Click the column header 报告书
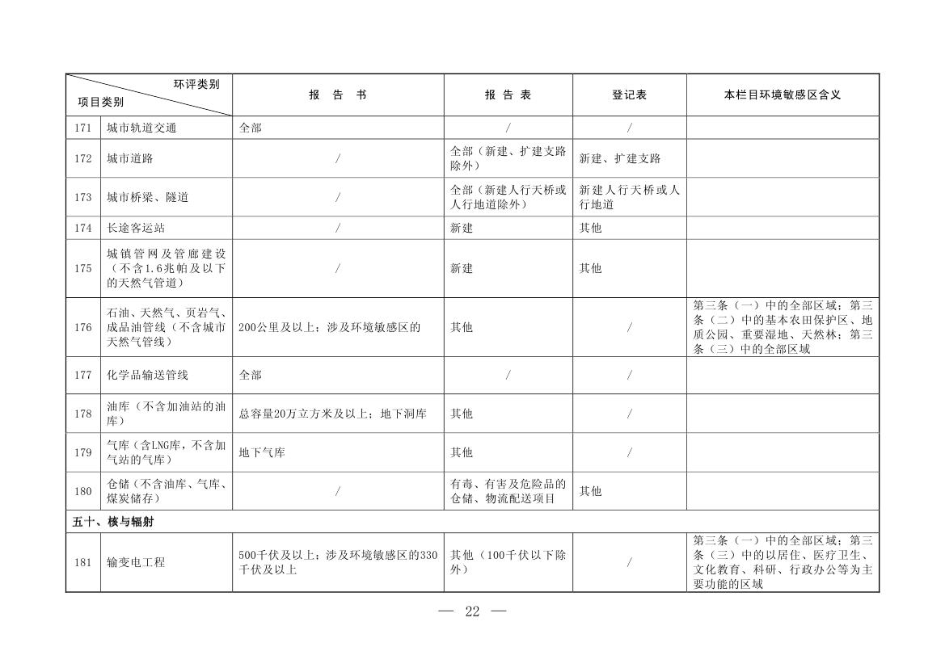click(337, 95)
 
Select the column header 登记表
click(629, 95)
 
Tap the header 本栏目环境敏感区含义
click(782, 95)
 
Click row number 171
click(82, 128)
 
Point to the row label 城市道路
click(130, 158)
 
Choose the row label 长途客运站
click(136, 228)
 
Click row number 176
click(82, 327)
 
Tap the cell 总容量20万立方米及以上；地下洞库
click(332, 414)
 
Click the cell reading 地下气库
click(262, 452)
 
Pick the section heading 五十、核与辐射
click(113, 522)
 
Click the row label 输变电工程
click(136, 562)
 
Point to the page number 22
click(472, 611)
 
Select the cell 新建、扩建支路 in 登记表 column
click(620, 158)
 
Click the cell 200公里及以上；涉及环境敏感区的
click(329, 327)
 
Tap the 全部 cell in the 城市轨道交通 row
click(251, 128)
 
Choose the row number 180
click(82, 491)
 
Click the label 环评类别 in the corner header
click(196, 84)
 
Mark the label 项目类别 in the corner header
click(101, 103)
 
